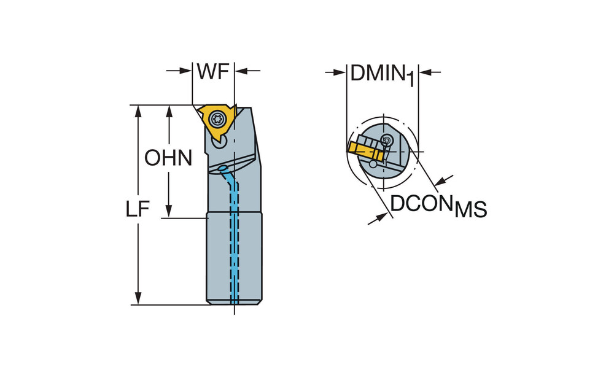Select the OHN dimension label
168,158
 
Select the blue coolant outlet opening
222,169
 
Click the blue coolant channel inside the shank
235,245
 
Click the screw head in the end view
386,141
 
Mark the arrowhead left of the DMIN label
340,72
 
